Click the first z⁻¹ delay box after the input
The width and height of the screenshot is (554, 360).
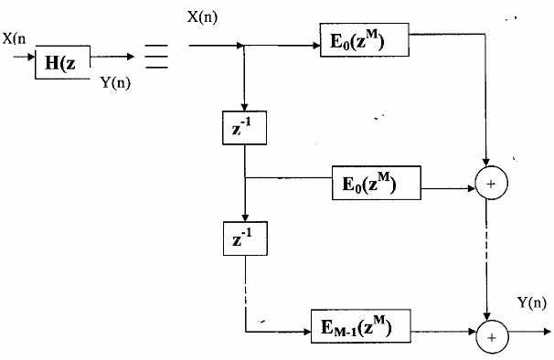(x=244, y=127)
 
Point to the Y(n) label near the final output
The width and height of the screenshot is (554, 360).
(x=531, y=302)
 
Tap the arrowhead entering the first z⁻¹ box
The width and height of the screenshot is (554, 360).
(x=244, y=107)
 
